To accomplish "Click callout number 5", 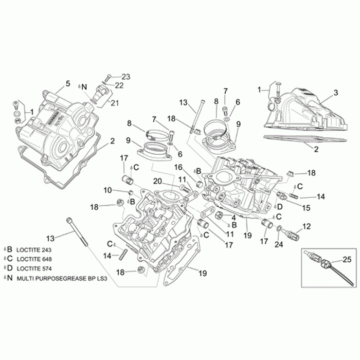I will pyautogui.click(x=67, y=83).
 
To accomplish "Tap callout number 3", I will pyautogui.click(x=335, y=93).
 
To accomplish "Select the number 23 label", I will pyautogui.click(x=126, y=77).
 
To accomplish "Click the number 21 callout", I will pyautogui.click(x=115, y=103).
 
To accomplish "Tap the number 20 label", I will pyautogui.click(x=157, y=181).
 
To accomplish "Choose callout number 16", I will pyautogui.click(x=178, y=167).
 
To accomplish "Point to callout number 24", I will pyautogui.click(x=279, y=245).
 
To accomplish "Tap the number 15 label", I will pyautogui.click(x=305, y=208).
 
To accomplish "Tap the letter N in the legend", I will pyautogui.click(x=9, y=278).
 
